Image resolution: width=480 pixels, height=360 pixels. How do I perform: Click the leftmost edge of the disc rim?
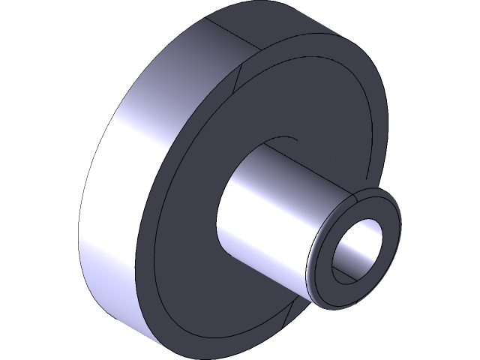pyautogui.click(x=79, y=247)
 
